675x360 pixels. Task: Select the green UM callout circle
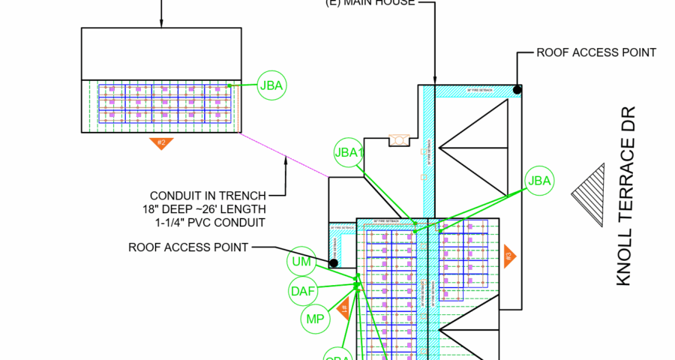(x=301, y=262)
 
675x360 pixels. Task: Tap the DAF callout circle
(x=303, y=290)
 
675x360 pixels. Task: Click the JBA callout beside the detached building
(x=271, y=85)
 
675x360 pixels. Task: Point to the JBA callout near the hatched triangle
(x=539, y=180)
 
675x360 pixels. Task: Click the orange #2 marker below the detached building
(x=160, y=142)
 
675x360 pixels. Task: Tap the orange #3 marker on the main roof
(x=509, y=256)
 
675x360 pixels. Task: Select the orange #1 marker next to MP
(x=343, y=306)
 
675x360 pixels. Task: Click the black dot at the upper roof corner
(x=517, y=90)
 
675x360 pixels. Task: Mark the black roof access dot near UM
(x=333, y=262)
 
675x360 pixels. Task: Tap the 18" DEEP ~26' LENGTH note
(x=203, y=209)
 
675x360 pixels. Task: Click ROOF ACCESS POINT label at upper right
(x=596, y=52)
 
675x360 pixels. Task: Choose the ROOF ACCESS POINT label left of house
(x=188, y=247)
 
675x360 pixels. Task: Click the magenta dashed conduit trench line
(x=285, y=156)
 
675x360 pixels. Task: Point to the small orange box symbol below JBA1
(x=397, y=140)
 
